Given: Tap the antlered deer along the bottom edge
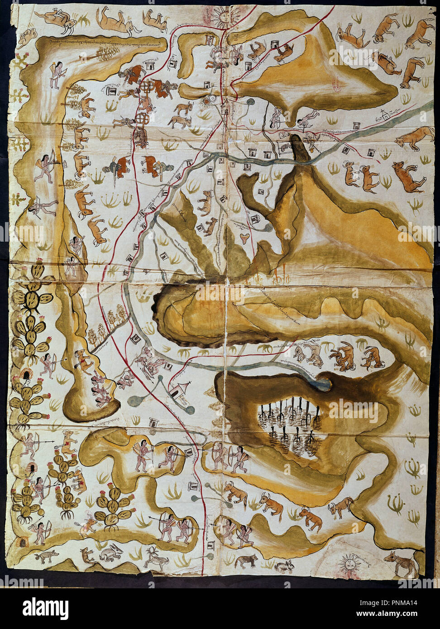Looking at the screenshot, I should coord(156,558).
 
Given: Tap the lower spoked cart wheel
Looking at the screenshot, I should coord(142,119).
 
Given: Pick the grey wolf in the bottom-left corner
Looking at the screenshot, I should coord(47,555).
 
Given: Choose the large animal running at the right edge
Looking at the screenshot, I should coord(415,137).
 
